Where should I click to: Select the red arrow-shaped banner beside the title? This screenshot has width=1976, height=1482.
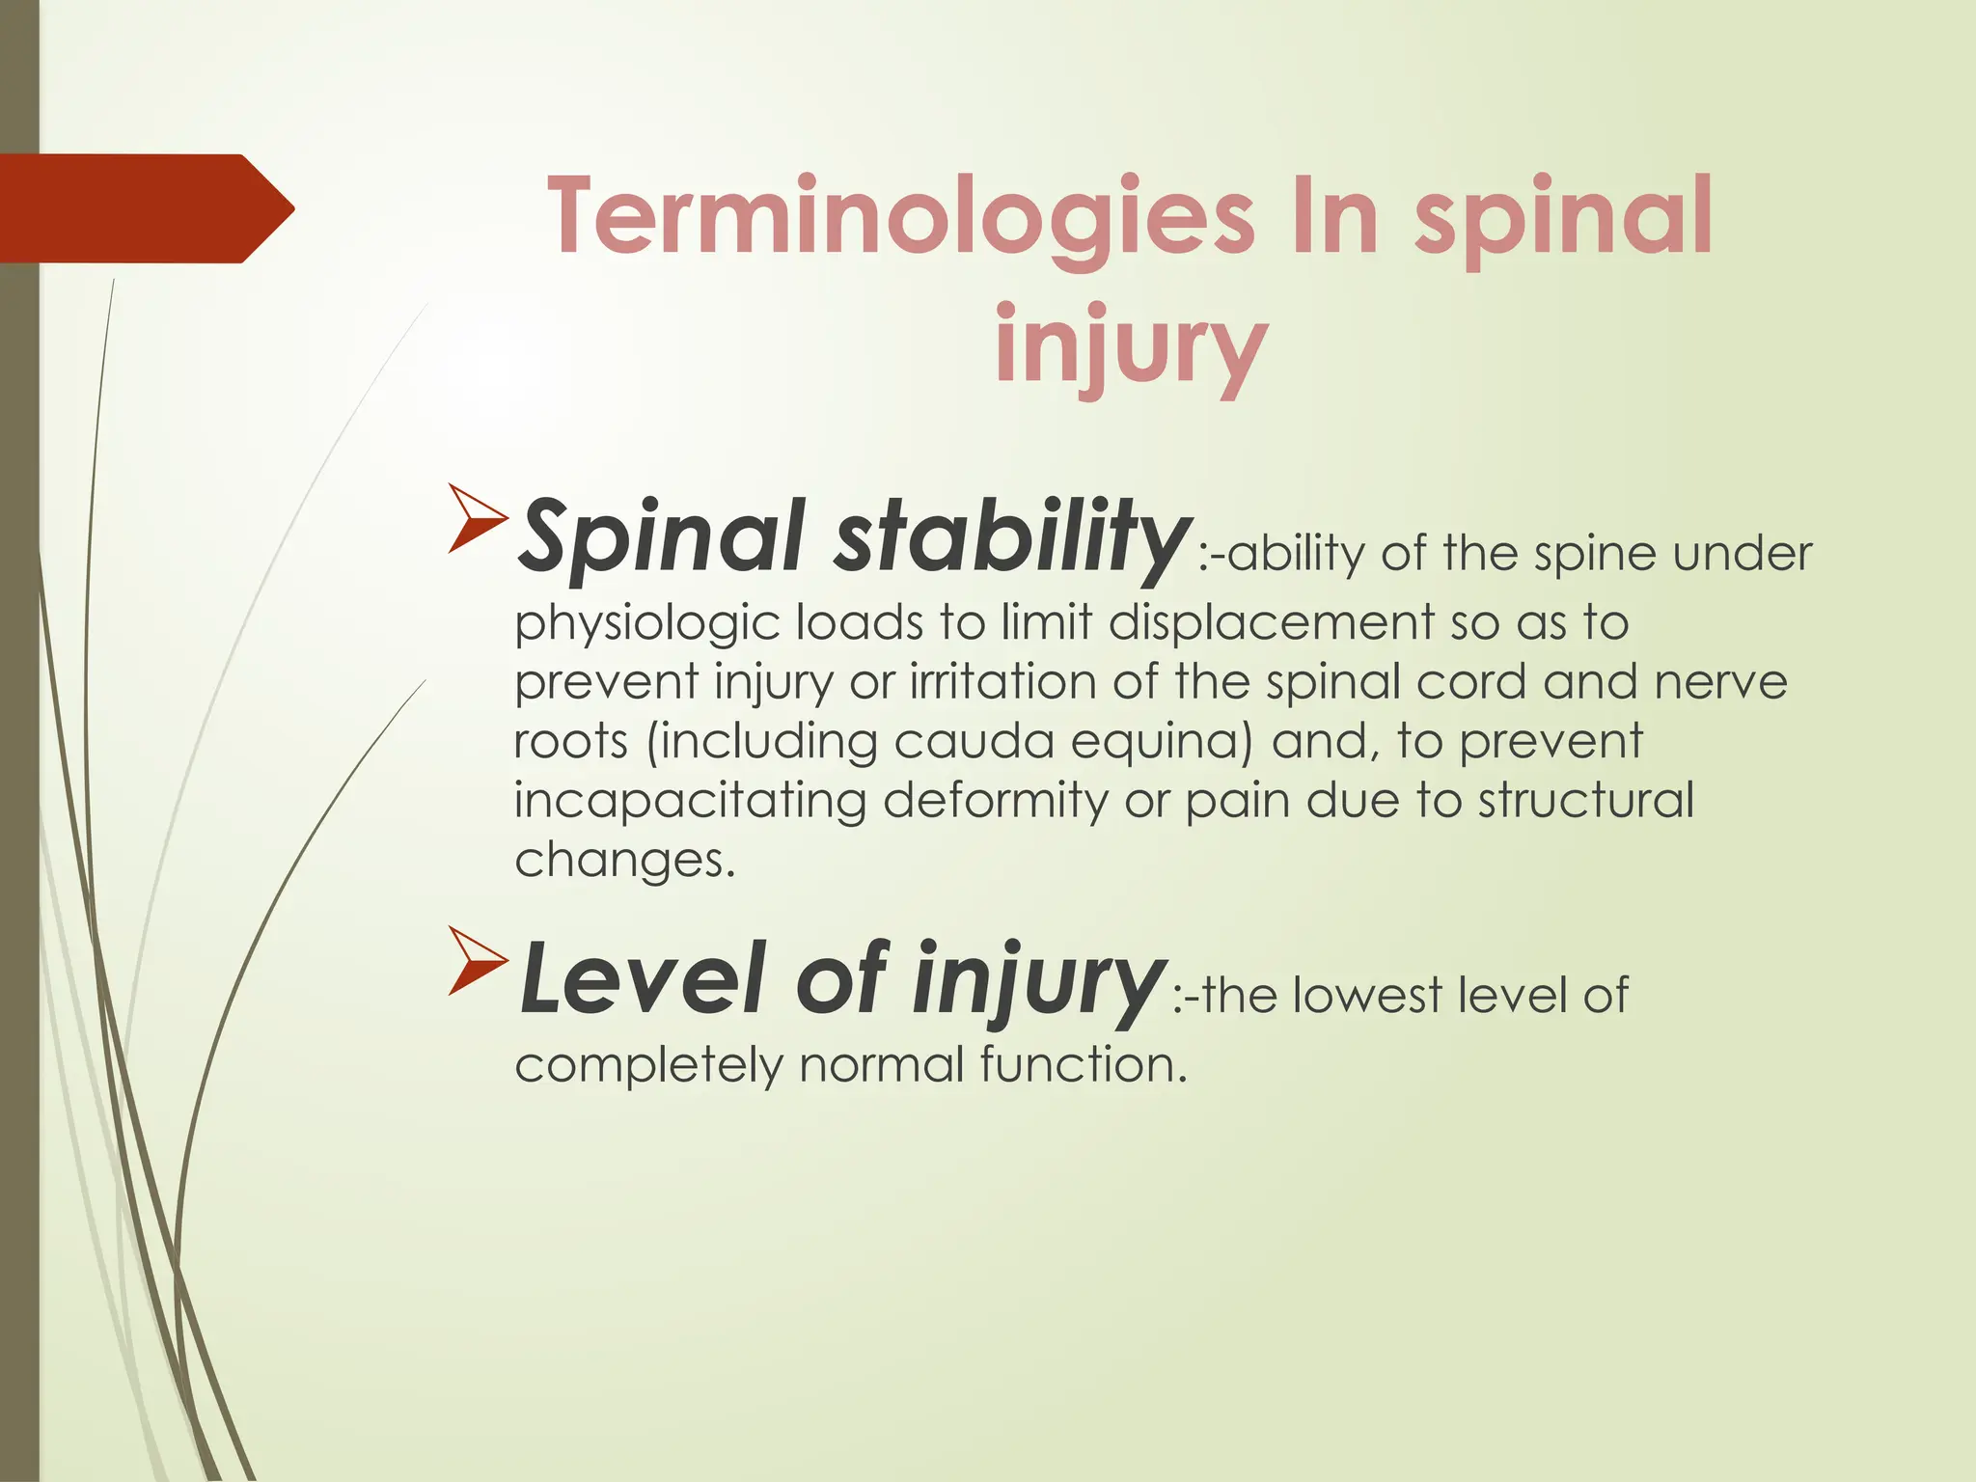click(145, 208)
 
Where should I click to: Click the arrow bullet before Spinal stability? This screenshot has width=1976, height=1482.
click(478, 520)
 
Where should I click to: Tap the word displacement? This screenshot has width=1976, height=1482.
click(1271, 622)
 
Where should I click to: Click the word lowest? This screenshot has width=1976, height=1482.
click(1366, 996)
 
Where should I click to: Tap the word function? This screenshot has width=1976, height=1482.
click(1082, 1066)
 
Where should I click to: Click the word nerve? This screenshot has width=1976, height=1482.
click(1720, 683)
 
